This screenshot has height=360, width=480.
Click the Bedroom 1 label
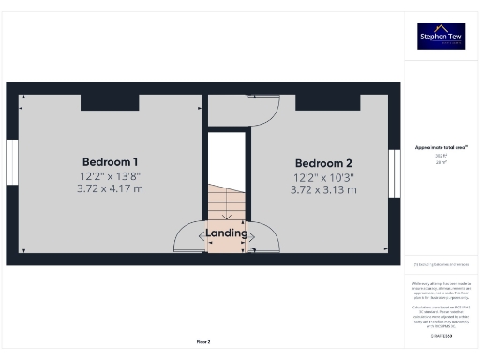coord(111,160)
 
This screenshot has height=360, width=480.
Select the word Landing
coord(227,232)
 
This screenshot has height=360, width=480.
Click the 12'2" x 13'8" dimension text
coord(111,176)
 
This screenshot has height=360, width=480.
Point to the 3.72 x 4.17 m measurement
coord(111,189)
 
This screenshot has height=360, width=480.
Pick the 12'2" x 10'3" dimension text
coord(325,176)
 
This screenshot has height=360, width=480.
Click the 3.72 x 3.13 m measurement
coord(325,190)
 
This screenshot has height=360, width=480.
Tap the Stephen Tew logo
coord(441,36)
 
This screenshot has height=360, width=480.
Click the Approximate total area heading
coord(441,147)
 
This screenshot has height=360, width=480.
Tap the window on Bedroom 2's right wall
coord(395,172)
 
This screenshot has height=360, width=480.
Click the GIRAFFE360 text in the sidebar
coord(441,335)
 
